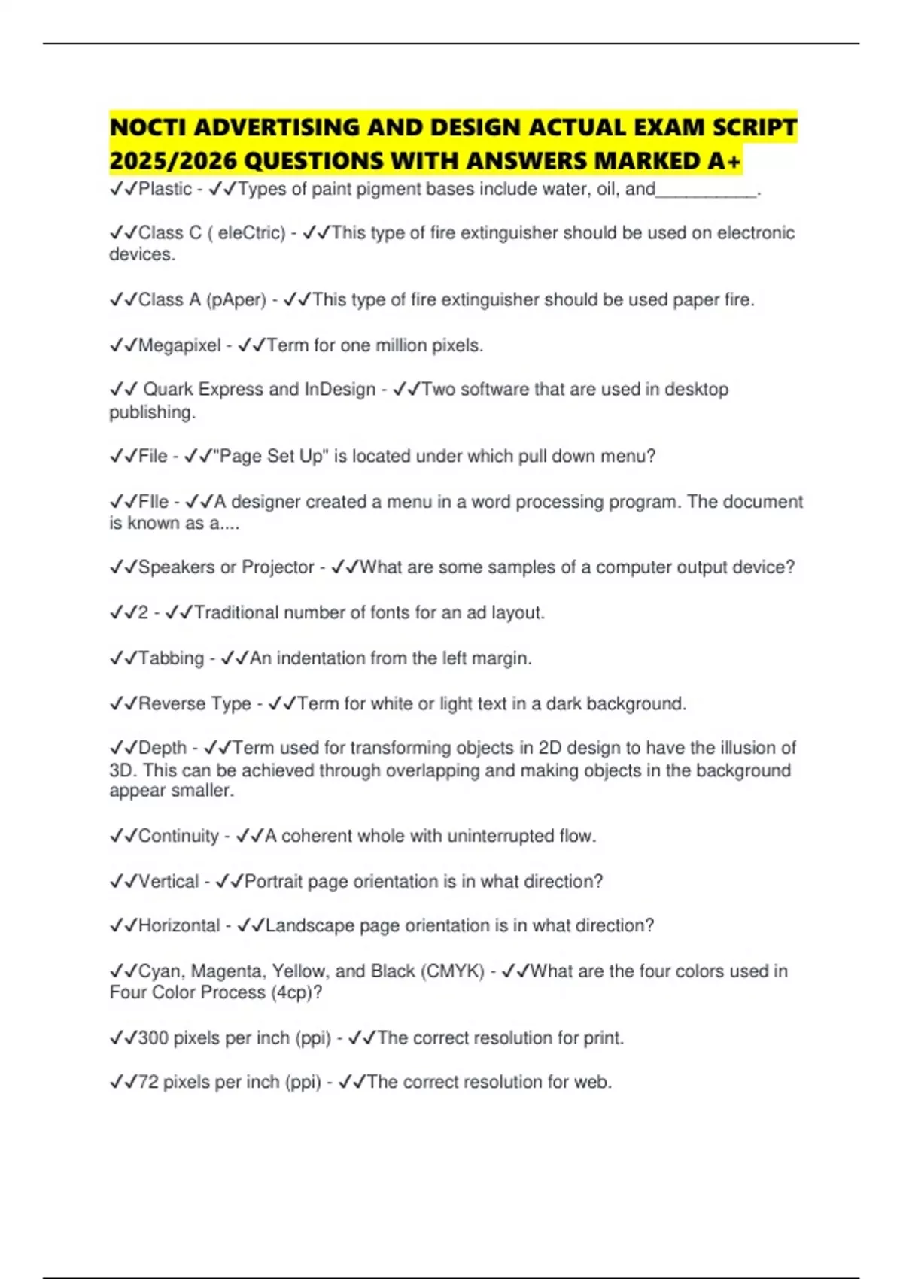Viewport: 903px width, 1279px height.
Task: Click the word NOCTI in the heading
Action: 147,128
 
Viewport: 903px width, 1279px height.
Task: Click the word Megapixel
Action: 180,345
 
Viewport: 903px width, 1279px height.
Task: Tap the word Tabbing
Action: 171,658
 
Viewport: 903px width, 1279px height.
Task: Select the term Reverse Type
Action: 195,704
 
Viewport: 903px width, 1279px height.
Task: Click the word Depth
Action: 163,748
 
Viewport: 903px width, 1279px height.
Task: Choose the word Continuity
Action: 178,836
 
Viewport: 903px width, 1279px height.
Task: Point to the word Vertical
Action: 169,881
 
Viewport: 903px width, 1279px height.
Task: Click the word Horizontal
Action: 179,925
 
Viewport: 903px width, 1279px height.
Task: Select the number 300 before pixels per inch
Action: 154,1038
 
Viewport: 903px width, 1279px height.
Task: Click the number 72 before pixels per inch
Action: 148,1083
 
